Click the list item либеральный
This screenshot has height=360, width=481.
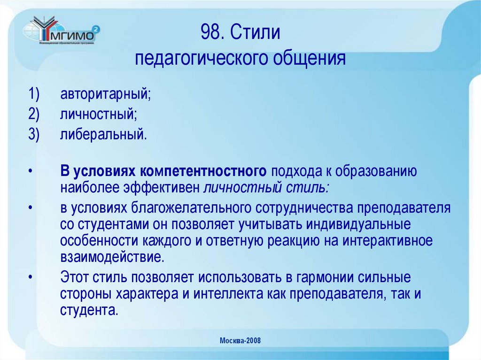coord(103,135)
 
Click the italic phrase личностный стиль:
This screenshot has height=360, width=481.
coord(266,188)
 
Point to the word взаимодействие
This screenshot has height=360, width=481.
coord(112,257)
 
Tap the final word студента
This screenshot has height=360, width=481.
coord(88,310)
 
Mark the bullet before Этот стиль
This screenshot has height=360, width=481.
coord(30,277)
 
